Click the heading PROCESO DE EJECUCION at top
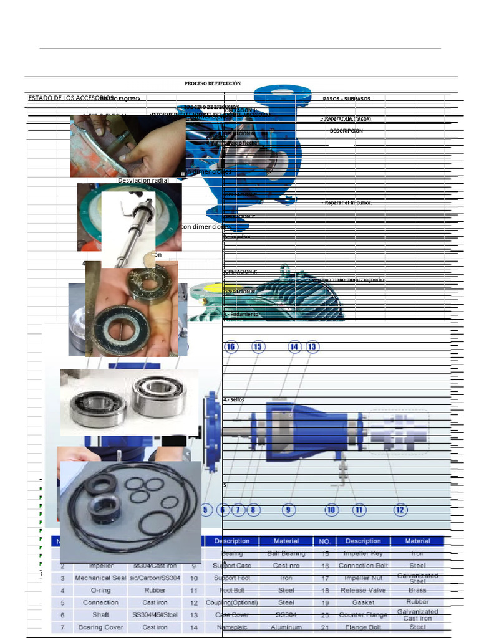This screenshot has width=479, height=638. pyautogui.click(x=212, y=83)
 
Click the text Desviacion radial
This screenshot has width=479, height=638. pyautogui.click(x=143, y=180)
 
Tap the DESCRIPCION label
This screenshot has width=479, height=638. pyautogui.click(x=346, y=131)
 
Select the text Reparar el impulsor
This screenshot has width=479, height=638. pyautogui.click(x=348, y=202)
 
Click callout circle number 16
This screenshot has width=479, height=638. pyautogui.click(x=231, y=346)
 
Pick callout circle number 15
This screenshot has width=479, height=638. pyautogui.click(x=258, y=346)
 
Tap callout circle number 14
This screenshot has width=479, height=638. pyautogui.click(x=294, y=346)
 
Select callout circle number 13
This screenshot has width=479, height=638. pyautogui.click(x=312, y=346)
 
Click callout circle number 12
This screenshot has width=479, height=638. pyautogui.click(x=400, y=510)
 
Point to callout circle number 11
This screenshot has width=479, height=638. pyautogui.click(x=359, y=510)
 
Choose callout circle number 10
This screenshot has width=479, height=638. pyautogui.click(x=331, y=510)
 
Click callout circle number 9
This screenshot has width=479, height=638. pyautogui.click(x=288, y=510)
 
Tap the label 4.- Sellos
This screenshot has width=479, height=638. pyautogui.click(x=234, y=399)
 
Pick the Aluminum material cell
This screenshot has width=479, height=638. pyautogui.click(x=286, y=627)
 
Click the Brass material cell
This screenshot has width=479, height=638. pyautogui.click(x=417, y=590)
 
